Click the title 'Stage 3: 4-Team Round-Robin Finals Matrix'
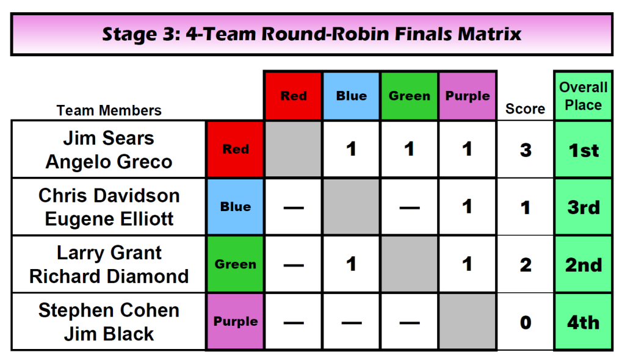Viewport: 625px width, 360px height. coord(311,34)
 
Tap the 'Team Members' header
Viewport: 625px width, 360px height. coord(109,110)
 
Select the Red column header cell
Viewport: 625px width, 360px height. coord(293,96)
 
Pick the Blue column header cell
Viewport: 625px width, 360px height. coord(351,96)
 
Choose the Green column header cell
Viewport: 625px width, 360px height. coord(410,96)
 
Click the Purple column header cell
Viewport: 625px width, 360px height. coord(467,96)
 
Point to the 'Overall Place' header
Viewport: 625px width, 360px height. coord(583,96)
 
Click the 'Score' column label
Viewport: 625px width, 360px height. coord(525,109)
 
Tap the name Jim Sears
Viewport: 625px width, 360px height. coord(109,138)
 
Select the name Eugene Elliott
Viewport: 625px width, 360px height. coord(109,219)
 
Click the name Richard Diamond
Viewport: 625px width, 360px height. coord(109,276)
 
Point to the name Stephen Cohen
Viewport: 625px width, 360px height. coord(109,310)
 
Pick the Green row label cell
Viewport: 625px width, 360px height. coord(235,264)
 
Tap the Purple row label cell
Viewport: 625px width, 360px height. coord(235,322)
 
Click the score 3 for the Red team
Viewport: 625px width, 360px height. coord(526,150)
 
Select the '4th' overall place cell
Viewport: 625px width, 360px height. coord(583,322)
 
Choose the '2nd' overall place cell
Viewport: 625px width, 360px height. coord(583,265)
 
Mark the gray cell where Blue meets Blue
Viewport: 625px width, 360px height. coord(351,206)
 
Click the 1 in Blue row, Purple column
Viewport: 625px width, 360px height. coord(467,206)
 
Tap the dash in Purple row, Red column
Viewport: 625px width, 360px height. coord(294,323)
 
